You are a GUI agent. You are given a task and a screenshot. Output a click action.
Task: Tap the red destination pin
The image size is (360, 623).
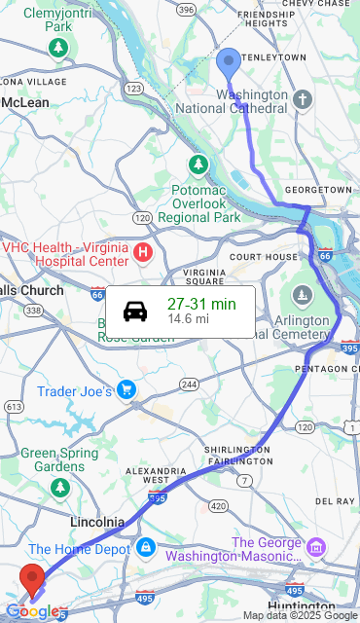pos(33,579)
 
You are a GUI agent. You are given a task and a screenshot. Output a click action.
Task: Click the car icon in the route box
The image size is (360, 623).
pos(135,311)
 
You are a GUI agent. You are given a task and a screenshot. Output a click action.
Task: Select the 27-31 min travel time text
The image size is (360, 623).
pos(201,304)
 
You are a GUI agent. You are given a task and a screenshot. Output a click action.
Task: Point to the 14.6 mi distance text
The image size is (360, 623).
pos(188,318)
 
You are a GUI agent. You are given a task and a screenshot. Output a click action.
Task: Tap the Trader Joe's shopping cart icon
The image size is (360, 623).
pos(126,391)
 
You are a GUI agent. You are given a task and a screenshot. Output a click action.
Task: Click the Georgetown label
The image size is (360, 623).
pos(319,189)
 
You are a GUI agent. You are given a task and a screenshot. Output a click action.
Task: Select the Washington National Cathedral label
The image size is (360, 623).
pos(252,101)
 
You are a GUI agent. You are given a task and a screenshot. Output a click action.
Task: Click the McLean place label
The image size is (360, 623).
pos(26,102)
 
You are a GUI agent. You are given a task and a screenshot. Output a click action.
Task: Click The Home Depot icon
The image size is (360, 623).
pos(145,549)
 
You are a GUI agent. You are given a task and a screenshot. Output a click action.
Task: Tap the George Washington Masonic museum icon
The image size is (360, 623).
pos(314,547)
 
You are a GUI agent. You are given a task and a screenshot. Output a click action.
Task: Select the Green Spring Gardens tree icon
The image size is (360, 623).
pos(60,484)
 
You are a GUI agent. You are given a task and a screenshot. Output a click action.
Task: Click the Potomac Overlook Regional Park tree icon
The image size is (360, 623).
pos(199,164)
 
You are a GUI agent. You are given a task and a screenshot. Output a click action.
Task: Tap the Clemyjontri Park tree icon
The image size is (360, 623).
pos(60,47)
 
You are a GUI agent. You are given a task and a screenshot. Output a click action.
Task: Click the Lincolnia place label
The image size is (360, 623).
pos(96,523)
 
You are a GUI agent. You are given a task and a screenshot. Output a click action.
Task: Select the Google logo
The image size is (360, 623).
pos(32,611)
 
